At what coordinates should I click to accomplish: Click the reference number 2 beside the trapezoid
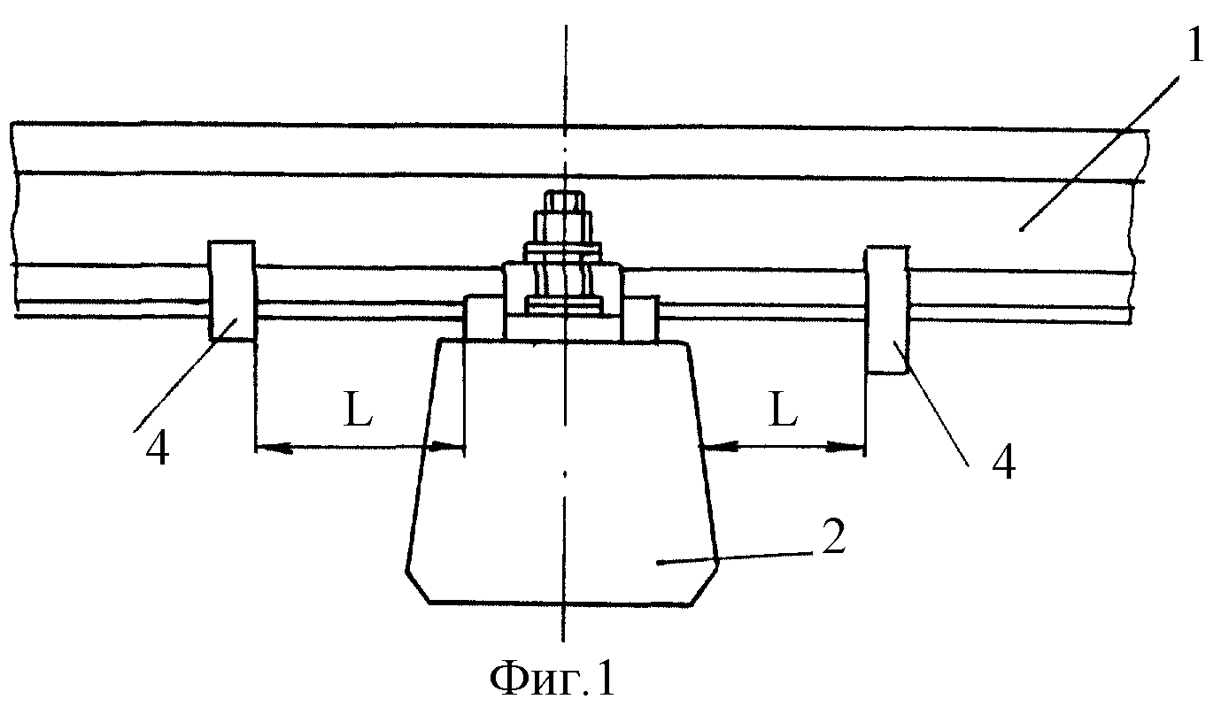833,536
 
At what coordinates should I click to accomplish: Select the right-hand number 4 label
1003,462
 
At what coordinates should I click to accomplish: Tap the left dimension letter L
358,409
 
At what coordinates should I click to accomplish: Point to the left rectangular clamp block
232,290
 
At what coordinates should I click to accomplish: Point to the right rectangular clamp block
886,310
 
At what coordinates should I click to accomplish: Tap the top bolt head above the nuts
564,201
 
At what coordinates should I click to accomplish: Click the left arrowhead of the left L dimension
274,449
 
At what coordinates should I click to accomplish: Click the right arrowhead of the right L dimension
846,449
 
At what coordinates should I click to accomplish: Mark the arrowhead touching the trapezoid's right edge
717,447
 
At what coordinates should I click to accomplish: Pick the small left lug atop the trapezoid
483,318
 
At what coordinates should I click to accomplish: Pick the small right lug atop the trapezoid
641,318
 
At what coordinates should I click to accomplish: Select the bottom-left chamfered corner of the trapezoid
417,587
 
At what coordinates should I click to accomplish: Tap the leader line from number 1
1099,154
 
